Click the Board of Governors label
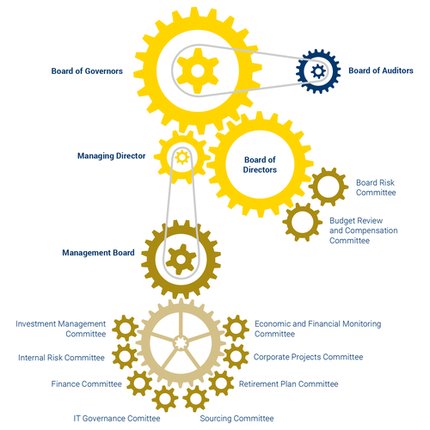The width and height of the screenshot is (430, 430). [x=87, y=71]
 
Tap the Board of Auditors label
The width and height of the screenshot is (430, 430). [x=381, y=71]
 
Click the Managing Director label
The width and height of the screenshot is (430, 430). [x=111, y=156]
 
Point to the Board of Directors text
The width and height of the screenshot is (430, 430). [x=260, y=164]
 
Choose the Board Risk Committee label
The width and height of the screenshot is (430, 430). [x=376, y=187]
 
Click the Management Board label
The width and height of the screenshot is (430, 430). [x=98, y=253]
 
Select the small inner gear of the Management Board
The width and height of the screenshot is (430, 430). [x=181, y=260]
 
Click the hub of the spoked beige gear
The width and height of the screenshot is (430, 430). [x=181, y=342]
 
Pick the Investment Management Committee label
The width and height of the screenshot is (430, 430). [x=61, y=329]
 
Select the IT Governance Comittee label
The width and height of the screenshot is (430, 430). [x=117, y=419]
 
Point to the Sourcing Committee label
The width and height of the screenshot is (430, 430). [x=236, y=419]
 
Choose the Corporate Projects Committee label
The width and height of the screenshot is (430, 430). [x=308, y=357]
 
